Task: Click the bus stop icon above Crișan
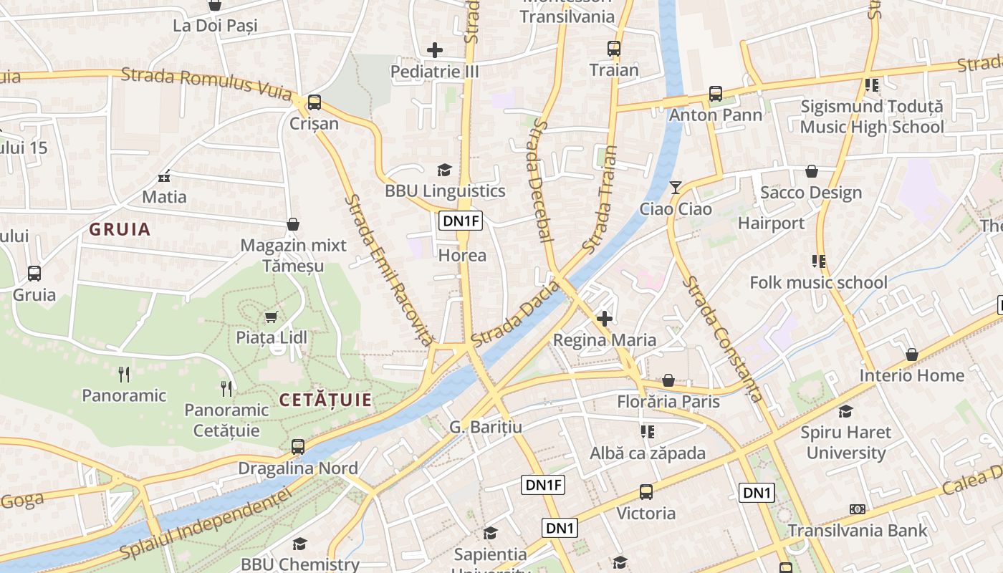point(314,102)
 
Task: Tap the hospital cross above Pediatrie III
point(435,50)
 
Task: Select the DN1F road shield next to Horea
point(461,221)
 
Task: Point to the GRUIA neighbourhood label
point(120,229)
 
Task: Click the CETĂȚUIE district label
point(326,400)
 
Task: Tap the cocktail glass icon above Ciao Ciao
point(675,188)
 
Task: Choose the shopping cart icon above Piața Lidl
point(271,317)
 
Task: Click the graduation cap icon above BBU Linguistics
point(444,170)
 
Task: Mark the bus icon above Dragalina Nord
point(298,447)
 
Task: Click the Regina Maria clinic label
point(605,340)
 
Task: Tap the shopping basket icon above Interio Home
point(911,355)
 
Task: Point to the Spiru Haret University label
point(846,442)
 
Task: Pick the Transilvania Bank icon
point(857,509)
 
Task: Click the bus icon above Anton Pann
point(715,94)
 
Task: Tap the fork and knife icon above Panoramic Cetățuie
point(226,388)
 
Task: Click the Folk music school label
point(818,282)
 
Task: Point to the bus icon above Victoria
point(646,492)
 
